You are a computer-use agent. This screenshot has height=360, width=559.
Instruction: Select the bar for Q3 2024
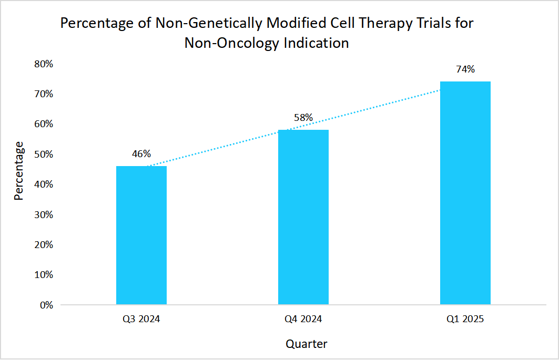click(x=141, y=235)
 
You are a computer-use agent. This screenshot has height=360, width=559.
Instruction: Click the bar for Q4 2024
click(x=303, y=217)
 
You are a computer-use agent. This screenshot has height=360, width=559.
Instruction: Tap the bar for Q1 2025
click(x=465, y=193)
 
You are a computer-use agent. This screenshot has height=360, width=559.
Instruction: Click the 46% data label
click(x=141, y=154)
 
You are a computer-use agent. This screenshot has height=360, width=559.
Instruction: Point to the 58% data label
click(x=303, y=118)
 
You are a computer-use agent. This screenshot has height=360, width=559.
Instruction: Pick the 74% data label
click(x=465, y=69)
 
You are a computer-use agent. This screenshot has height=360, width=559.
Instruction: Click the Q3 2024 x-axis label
click(x=141, y=319)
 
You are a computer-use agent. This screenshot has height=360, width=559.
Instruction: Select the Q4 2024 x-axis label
click(x=303, y=319)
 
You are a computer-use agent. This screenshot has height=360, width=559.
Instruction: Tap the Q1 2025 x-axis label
click(x=465, y=319)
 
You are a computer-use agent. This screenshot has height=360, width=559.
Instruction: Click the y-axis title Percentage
click(x=19, y=170)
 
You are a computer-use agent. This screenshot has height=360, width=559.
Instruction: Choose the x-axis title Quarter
click(x=306, y=344)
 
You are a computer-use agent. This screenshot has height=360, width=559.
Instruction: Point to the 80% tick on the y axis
click(x=44, y=64)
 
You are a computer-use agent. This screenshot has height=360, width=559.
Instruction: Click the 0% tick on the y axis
click(x=46, y=305)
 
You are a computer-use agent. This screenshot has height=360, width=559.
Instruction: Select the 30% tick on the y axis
click(x=44, y=214)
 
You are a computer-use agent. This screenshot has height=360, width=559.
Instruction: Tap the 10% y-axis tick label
click(x=44, y=275)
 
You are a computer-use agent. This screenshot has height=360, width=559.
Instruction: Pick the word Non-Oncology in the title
click(x=232, y=43)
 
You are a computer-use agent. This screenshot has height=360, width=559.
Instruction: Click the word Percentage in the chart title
click(x=95, y=24)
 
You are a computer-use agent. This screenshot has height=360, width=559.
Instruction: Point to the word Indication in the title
click(x=316, y=43)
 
